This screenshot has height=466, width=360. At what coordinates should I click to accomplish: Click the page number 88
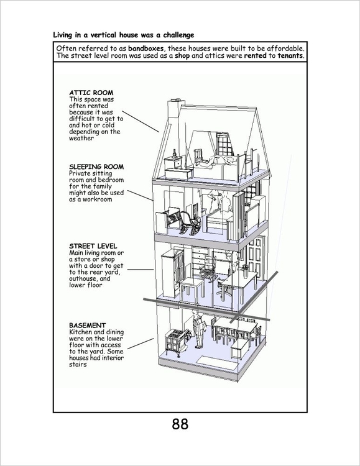pyautogui.click(x=180, y=424)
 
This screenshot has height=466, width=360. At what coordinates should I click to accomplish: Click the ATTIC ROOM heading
pyautogui.click(x=91, y=93)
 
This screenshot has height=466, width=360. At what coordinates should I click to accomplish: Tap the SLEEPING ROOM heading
pyautogui.click(x=96, y=167)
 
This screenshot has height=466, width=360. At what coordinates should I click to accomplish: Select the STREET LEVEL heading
pyautogui.click(x=93, y=246)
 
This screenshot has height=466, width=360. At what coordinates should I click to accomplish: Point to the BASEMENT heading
pyautogui.click(x=88, y=325)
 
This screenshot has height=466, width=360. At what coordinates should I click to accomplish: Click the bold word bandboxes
pyautogui.click(x=145, y=48)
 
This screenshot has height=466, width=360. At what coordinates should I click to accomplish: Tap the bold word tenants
pyautogui.click(x=291, y=55)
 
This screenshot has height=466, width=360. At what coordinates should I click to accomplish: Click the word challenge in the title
pyautogui.click(x=178, y=35)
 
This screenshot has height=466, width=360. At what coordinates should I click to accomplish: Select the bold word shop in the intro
pyautogui.click(x=182, y=56)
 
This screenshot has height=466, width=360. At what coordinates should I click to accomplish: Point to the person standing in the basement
pyautogui.click(x=198, y=329)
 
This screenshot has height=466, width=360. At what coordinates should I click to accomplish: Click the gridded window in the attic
pyautogui.click(x=225, y=144)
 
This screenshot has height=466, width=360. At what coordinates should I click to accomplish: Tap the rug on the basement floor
pyautogui.click(x=215, y=360)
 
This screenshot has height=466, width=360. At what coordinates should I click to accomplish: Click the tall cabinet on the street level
pyautogui.click(x=172, y=273)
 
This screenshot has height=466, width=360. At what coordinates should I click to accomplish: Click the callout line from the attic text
pyautogui.click(x=141, y=121)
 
